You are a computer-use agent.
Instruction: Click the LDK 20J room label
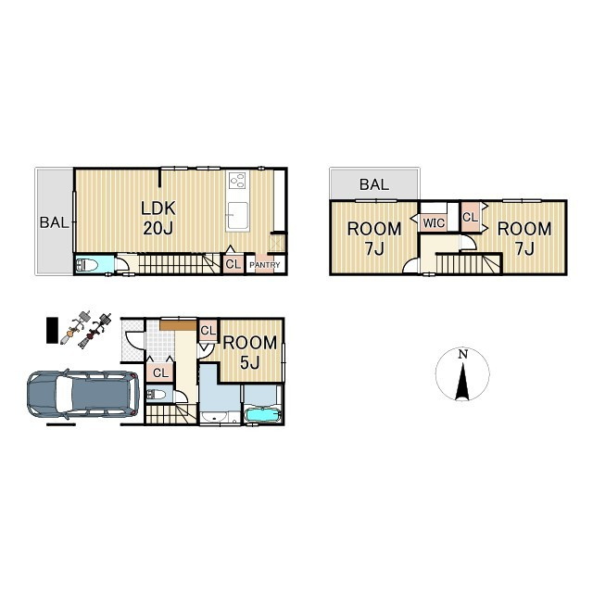click(158, 219)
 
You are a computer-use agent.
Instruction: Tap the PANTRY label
click(265, 265)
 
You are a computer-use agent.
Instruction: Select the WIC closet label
click(434, 223)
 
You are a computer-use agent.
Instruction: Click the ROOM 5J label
click(250, 352)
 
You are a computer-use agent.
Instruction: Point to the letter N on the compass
click(463, 354)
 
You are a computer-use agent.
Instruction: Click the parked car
click(83, 394)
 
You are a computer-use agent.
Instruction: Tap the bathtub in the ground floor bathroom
click(263, 415)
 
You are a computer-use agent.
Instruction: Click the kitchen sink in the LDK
click(238, 215)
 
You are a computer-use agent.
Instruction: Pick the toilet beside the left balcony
click(87, 265)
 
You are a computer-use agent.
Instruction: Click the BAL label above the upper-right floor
click(374, 184)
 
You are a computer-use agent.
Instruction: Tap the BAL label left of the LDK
click(54, 222)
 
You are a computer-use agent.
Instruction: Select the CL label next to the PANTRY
click(233, 264)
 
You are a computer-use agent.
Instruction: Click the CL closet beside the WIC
click(470, 217)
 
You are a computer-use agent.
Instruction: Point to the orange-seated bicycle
click(75, 327)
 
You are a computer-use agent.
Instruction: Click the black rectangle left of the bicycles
click(52, 331)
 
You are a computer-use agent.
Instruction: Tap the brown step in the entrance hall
click(178, 325)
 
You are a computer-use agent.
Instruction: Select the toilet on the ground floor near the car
click(156, 396)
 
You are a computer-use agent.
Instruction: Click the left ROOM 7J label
click(374, 239)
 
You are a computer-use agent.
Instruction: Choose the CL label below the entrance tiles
click(160, 372)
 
